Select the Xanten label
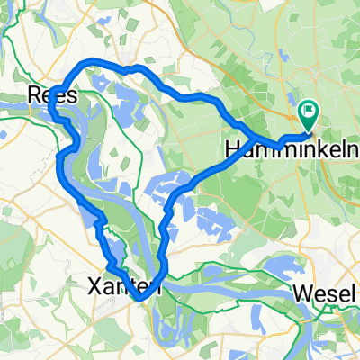click(x=126, y=287)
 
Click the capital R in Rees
click(x=35, y=94)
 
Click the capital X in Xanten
click(x=96, y=287)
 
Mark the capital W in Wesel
click(x=303, y=293)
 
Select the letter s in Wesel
click(x=329, y=293)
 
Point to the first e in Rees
click(x=49, y=94)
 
